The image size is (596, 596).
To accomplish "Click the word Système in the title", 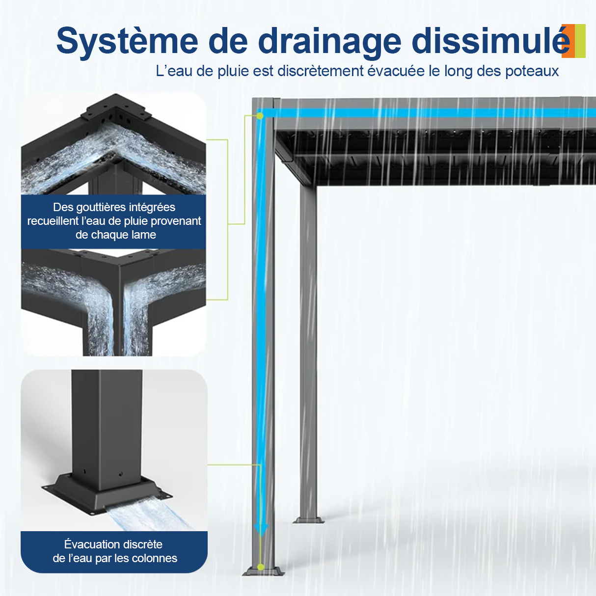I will point(127,41).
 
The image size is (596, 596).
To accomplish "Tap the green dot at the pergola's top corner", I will point(260,116).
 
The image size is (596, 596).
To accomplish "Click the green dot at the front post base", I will point(261,567).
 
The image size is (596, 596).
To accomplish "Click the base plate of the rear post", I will point(308,520).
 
